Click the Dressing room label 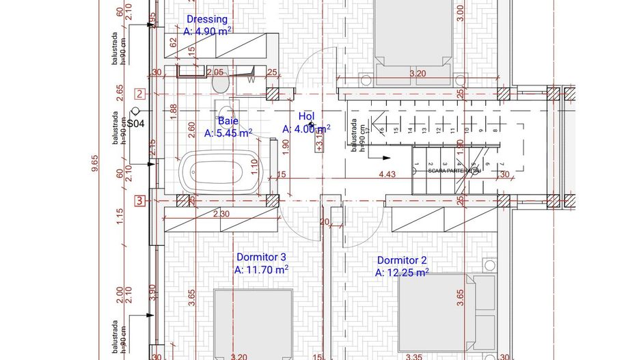click(x=206, y=19)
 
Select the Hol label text click(x=306, y=116)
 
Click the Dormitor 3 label click(x=261, y=257)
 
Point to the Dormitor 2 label click(x=402, y=260)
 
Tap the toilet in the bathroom click(x=221, y=83)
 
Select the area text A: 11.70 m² click(x=261, y=270)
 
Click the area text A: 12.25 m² click(x=402, y=273)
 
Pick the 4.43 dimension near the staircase click(x=387, y=175)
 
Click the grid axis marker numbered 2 click(x=139, y=94)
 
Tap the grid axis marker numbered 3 click(x=139, y=201)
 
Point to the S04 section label click(x=136, y=124)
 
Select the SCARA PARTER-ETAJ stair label click(x=454, y=171)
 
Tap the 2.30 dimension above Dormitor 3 click(x=221, y=214)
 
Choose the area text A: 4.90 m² click(x=207, y=31)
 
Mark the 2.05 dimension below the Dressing click(x=215, y=72)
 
